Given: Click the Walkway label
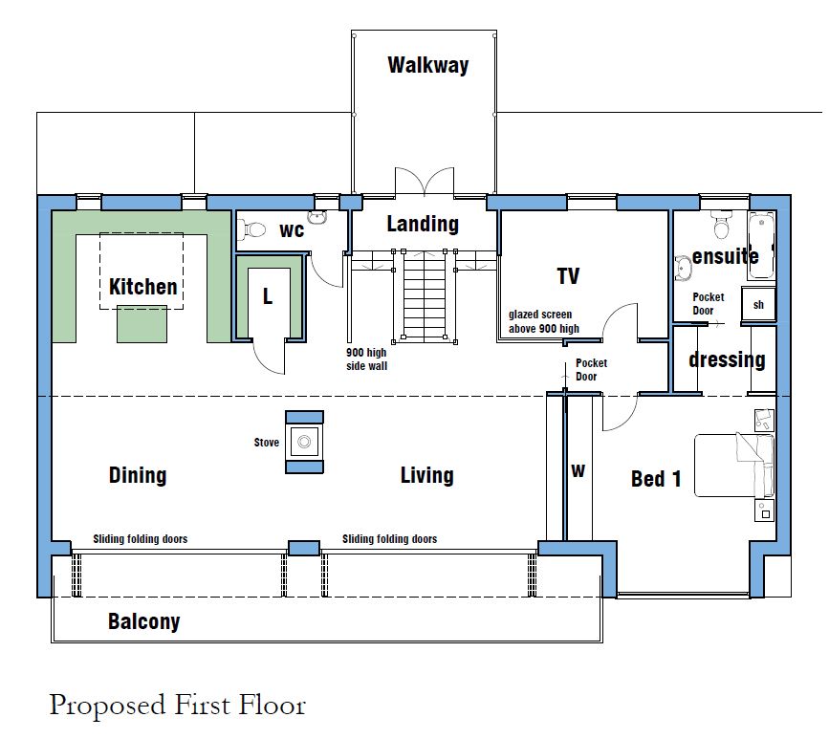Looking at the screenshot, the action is tap(428, 65).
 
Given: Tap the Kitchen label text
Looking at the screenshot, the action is tap(142, 287).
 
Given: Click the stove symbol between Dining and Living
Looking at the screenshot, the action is tap(304, 442).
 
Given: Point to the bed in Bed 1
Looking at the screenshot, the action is tap(733, 466).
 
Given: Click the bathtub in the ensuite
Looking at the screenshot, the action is tap(761, 246).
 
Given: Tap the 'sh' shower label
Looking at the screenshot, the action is tap(758, 304).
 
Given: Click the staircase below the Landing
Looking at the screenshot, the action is tap(425, 297).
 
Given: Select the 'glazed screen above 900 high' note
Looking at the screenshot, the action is tap(543, 321).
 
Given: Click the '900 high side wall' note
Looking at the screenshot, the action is tap(366, 359).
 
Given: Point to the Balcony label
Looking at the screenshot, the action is tap(143, 621).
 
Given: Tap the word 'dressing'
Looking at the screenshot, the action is tap(727, 359).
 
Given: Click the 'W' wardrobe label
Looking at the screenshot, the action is tap(578, 470).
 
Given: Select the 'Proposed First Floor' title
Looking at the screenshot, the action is tap(178, 706).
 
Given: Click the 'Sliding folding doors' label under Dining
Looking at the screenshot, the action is tap(141, 538).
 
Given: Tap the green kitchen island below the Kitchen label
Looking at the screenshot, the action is tap(142, 324).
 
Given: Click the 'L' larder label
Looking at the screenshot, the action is tap(268, 296).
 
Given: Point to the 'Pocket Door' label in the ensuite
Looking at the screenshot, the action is tap(708, 303).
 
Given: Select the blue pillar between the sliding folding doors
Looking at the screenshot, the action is tap(303, 548).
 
